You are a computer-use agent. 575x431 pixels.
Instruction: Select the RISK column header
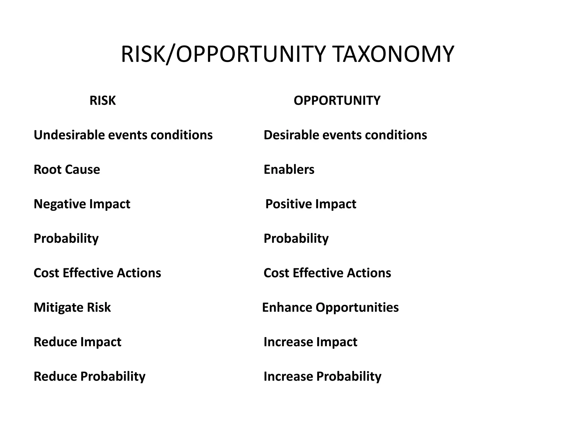pyautogui.click(x=102, y=100)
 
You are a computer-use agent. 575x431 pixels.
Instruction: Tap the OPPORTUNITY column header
pyautogui.click(x=337, y=100)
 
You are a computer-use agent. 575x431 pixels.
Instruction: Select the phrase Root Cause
pyautogui.click(x=67, y=169)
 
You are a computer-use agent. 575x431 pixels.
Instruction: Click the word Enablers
pyautogui.click(x=289, y=169)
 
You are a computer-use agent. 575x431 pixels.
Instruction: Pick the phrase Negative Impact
pyautogui.click(x=82, y=204)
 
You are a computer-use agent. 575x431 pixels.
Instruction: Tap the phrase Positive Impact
pyautogui.click(x=311, y=204)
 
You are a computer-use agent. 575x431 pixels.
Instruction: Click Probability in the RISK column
pyautogui.click(x=66, y=239)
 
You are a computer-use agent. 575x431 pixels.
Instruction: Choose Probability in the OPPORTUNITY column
pyautogui.click(x=296, y=239)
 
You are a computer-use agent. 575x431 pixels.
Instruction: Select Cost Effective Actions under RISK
pyautogui.click(x=97, y=273)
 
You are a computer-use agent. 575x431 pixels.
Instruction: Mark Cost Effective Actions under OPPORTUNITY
pyautogui.click(x=327, y=273)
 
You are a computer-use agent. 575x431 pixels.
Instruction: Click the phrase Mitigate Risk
pyautogui.click(x=72, y=308)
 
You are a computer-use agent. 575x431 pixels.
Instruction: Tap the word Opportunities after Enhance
pyautogui.click(x=357, y=308)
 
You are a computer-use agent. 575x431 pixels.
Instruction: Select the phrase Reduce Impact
pyautogui.click(x=77, y=342)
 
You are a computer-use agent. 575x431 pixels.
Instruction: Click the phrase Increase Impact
pyautogui.click(x=310, y=342)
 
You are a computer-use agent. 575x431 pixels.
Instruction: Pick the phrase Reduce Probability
pyautogui.click(x=90, y=377)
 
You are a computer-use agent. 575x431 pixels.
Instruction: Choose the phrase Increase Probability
pyautogui.click(x=322, y=377)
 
